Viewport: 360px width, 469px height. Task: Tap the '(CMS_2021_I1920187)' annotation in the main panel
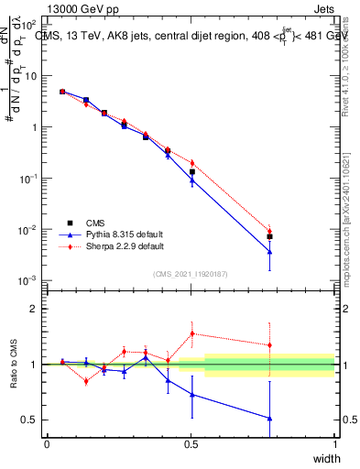[191, 272]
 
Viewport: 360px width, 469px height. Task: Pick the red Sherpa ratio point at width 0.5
[191, 333]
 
